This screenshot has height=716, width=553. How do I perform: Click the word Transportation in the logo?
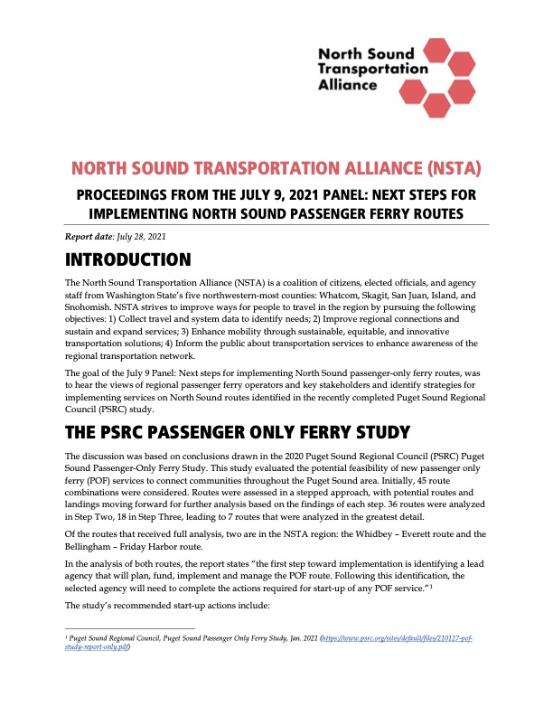click(x=372, y=68)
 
